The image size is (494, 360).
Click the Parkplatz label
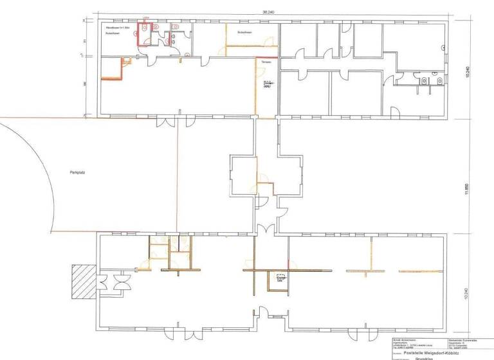point(78,173)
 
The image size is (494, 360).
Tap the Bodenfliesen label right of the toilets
point(244,32)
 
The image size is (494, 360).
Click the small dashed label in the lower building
point(281,277)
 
